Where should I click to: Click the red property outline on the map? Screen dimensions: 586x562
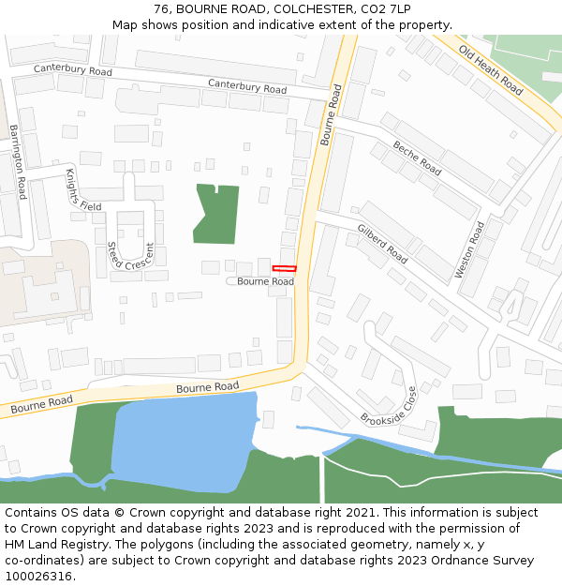pos(284,269)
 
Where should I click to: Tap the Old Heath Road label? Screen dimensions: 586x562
pos(491,70)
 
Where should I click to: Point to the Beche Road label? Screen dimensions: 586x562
pos(417,158)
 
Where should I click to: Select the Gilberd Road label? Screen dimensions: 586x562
pos(382,243)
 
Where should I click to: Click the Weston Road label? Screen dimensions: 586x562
pos(470,249)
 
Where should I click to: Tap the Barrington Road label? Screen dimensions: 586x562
pos(17,161)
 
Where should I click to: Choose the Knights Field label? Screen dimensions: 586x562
pos(82,189)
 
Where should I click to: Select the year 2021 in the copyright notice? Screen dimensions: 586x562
pos(360,513)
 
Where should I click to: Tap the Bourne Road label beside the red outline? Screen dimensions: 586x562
pos(265,281)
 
